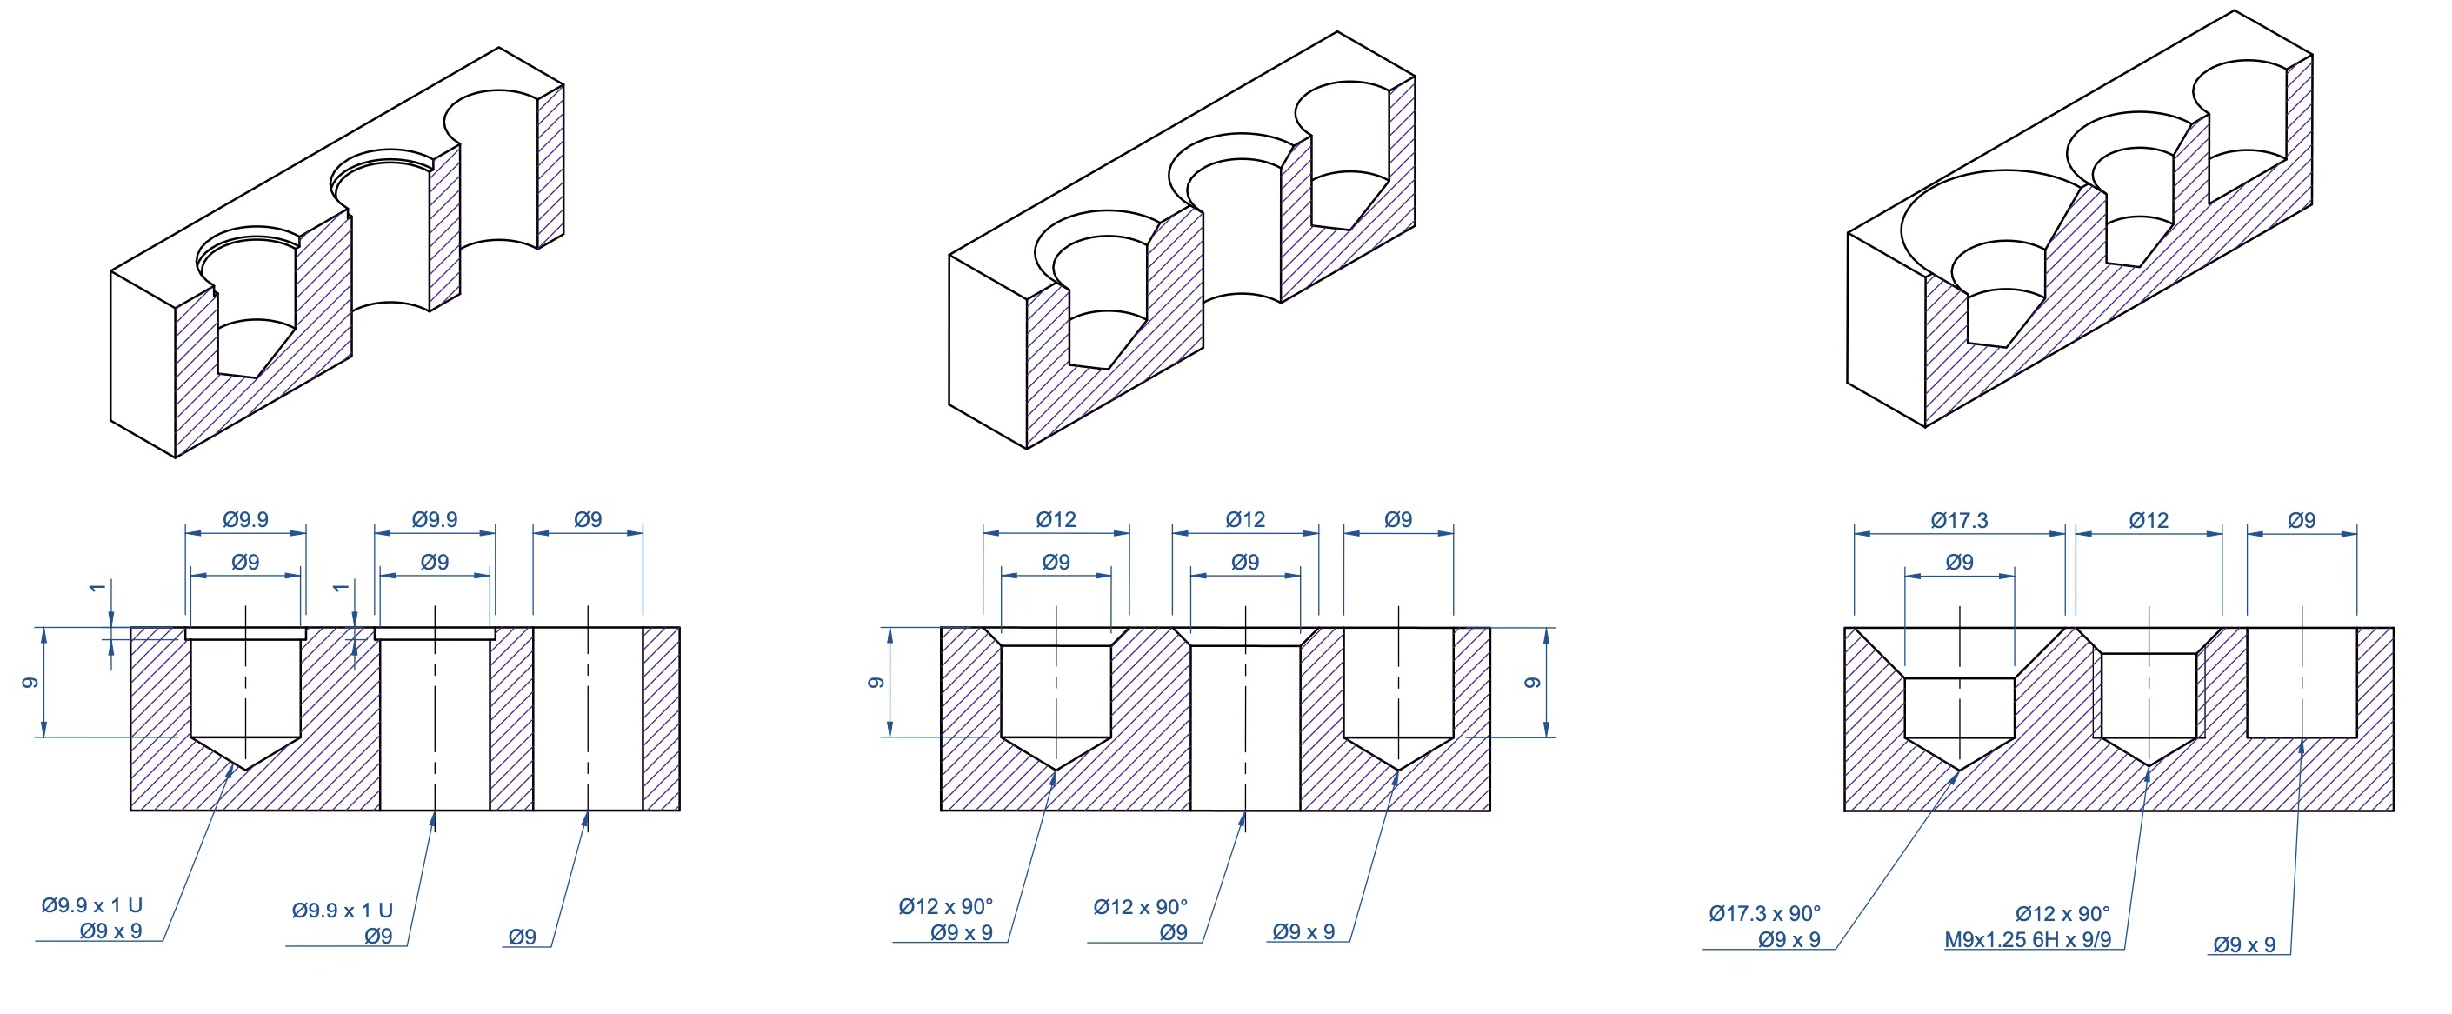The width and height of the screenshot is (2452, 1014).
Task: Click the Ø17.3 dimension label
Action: click(1959, 520)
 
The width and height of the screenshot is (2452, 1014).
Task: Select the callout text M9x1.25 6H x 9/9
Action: click(2028, 940)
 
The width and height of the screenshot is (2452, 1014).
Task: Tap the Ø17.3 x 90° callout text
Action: click(1764, 913)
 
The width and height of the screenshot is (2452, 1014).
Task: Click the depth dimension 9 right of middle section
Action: click(1531, 683)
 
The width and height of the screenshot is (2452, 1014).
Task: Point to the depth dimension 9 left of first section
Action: click(30, 683)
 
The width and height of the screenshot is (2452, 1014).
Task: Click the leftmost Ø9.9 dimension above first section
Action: click(245, 519)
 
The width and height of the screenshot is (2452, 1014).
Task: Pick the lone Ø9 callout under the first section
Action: click(522, 937)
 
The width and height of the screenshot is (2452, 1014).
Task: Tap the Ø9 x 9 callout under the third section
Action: click(2243, 944)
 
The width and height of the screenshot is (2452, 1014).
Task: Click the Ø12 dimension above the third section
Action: click(2149, 520)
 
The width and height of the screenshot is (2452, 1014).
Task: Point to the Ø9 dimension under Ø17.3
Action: click(1959, 562)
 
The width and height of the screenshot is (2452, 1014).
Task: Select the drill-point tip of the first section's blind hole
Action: click(245, 766)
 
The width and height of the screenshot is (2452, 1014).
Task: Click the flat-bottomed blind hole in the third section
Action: click(2301, 685)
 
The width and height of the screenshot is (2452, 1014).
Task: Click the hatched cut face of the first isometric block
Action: click(257, 381)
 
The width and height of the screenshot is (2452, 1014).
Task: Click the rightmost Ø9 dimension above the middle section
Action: click(1397, 519)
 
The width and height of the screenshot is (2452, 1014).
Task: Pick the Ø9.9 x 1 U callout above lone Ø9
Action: click(343, 911)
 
